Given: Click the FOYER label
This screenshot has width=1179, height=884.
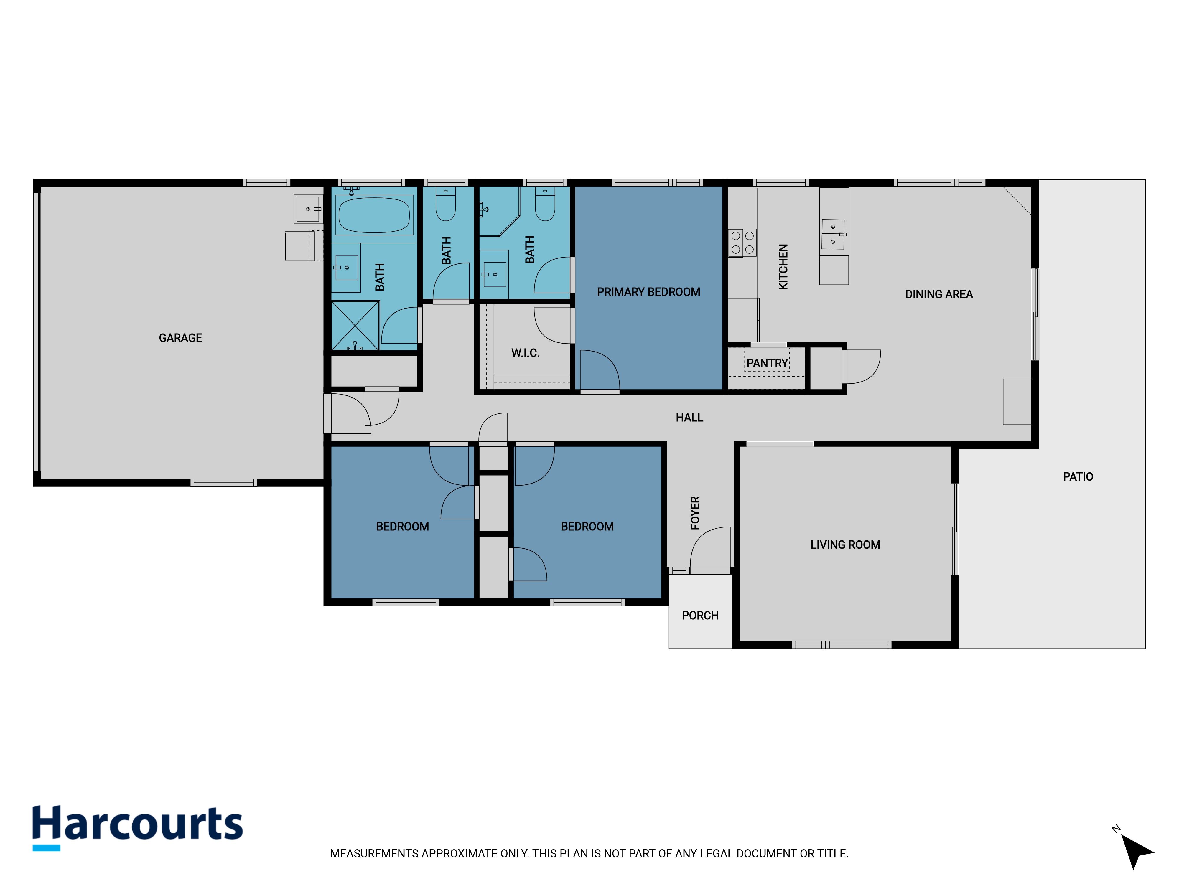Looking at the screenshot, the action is click(x=695, y=513).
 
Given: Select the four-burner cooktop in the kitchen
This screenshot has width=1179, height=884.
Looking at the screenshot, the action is click(x=742, y=243).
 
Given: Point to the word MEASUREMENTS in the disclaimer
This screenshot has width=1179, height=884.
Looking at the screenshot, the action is click(x=375, y=854).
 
